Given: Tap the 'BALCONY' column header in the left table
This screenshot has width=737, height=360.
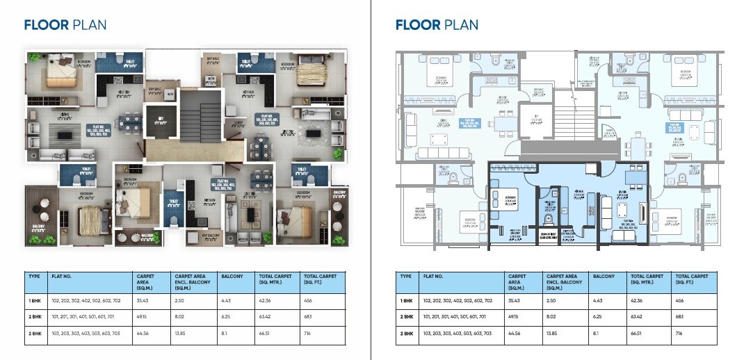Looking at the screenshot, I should (x=230, y=276).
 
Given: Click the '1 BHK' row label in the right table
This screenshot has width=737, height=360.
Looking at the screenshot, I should (x=406, y=300).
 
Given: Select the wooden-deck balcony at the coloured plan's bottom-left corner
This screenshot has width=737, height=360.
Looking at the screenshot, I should (x=40, y=215).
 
